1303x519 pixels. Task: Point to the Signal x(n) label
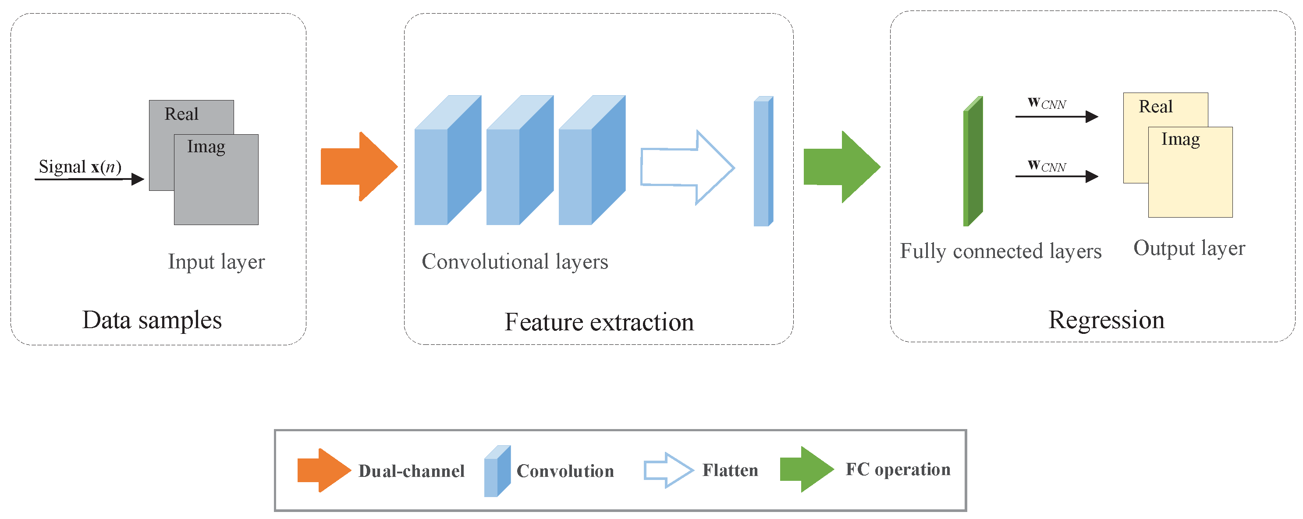[x=80, y=167]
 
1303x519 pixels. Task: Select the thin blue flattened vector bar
[x=763, y=162]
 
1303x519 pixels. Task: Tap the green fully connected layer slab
[x=972, y=162]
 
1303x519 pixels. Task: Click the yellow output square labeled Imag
[x=1190, y=177]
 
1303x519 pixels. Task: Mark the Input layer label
[x=216, y=262]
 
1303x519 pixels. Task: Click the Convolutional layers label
[x=515, y=262]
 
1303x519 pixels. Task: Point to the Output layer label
[x=1189, y=248]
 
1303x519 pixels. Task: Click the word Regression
[x=1106, y=320]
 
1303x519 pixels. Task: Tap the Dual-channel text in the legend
[x=411, y=471]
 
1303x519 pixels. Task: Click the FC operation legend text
[x=898, y=469]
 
